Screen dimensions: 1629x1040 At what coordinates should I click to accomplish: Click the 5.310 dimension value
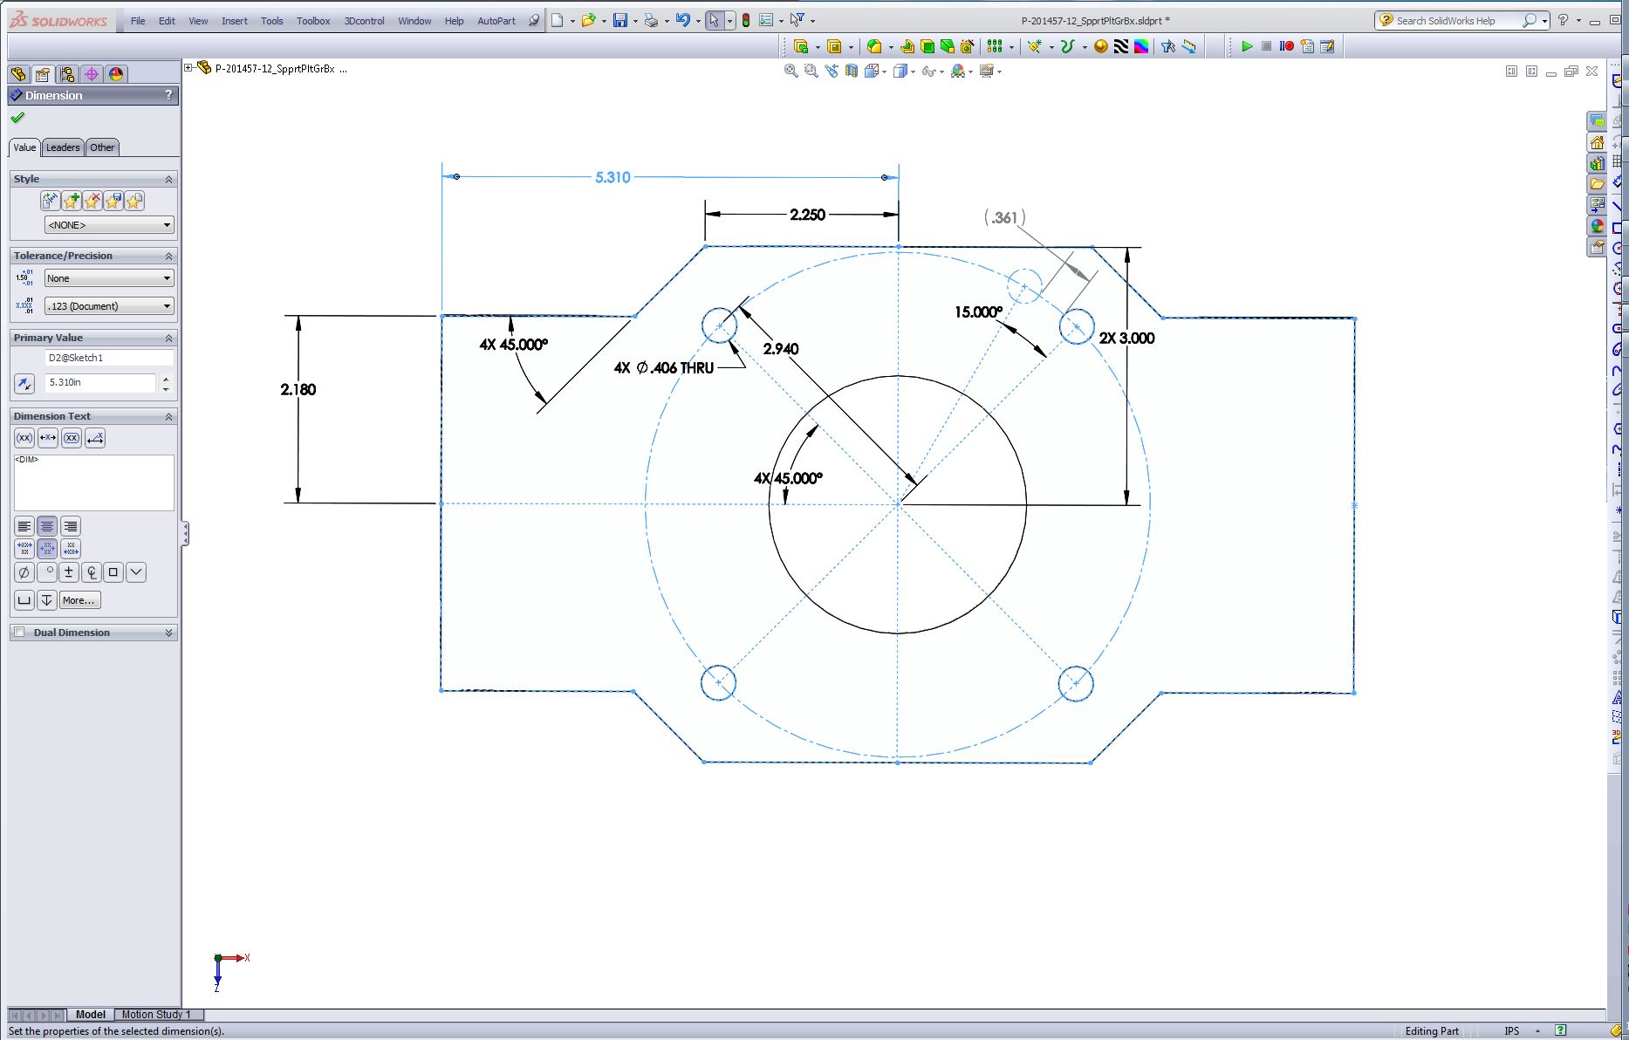point(613,177)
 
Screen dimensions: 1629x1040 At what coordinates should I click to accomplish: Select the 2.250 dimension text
point(807,215)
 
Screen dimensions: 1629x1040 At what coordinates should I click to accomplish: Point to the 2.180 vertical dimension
point(298,389)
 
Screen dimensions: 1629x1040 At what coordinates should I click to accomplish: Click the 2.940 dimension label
point(781,349)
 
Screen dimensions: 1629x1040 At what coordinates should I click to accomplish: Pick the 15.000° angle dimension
point(979,311)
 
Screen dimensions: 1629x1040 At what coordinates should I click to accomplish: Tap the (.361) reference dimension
point(1005,217)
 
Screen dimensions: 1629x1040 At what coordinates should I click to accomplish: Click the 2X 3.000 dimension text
point(1126,339)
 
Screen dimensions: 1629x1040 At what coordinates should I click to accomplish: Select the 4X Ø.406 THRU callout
point(664,368)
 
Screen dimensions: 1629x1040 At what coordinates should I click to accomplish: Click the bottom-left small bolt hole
point(718,682)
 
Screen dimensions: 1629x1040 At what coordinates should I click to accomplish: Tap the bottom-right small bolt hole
point(1076,683)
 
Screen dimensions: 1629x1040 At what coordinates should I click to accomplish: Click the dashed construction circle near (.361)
point(1024,269)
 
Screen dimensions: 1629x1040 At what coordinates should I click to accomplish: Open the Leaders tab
point(63,147)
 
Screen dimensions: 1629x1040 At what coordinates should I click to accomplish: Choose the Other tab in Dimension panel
point(102,147)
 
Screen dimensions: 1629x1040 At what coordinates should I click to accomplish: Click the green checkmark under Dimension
point(17,118)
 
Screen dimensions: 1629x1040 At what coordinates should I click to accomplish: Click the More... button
point(79,600)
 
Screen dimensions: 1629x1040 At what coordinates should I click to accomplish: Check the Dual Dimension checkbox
point(19,633)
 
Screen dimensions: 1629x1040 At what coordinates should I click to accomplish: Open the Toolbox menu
point(313,21)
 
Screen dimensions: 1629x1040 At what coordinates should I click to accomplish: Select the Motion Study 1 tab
point(156,1015)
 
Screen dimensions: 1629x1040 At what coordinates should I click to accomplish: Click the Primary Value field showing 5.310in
point(100,382)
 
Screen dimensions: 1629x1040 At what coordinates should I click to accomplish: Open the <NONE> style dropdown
point(109,225)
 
